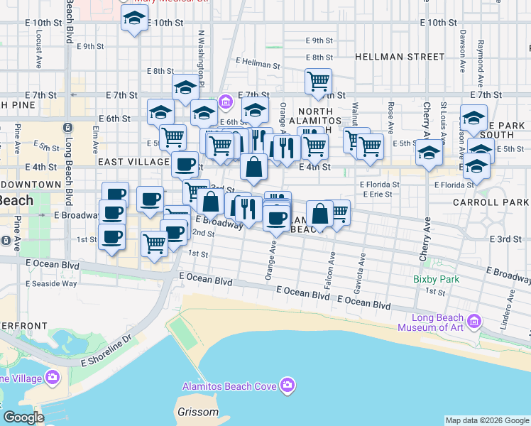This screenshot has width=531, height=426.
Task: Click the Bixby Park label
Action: [436, 279]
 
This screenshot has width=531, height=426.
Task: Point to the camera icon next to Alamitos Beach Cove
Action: [287, 386]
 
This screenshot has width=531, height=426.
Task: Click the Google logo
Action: [23, 417]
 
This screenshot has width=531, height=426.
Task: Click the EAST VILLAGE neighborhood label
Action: [134, 162]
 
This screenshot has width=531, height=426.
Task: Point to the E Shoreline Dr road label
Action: [106, 352]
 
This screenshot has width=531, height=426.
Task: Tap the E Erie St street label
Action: [377, 193]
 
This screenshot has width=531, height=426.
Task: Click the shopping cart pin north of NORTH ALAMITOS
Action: [318, 81]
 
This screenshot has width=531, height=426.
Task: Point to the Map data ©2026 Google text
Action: [487, 420]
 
